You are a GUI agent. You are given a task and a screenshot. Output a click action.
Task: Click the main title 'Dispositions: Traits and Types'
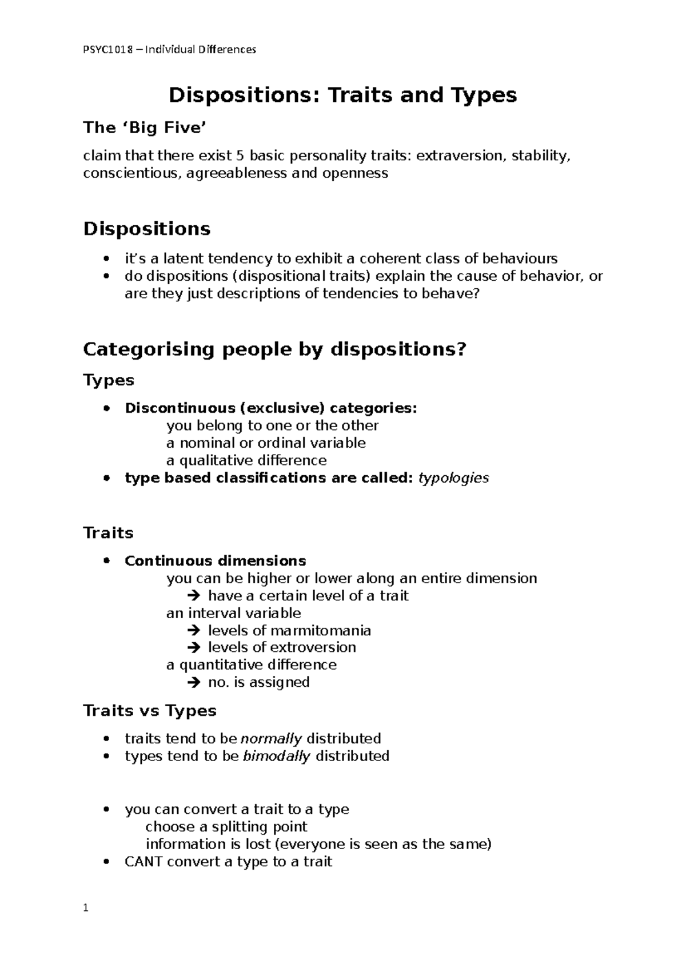[342, 95]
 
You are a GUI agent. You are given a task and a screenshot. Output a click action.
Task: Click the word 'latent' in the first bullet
[182, 258]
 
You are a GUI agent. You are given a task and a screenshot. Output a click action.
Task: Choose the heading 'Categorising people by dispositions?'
[275, 349]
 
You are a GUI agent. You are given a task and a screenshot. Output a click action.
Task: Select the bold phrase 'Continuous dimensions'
[215, 560]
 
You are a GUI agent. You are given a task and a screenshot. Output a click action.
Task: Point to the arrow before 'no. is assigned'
[194, 682]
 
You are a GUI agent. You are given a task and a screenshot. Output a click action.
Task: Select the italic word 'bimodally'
[277, 756]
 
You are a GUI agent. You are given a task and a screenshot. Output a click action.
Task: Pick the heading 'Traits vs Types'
[150, 711]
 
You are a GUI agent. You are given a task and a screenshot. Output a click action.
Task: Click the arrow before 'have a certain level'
[194, 596]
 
